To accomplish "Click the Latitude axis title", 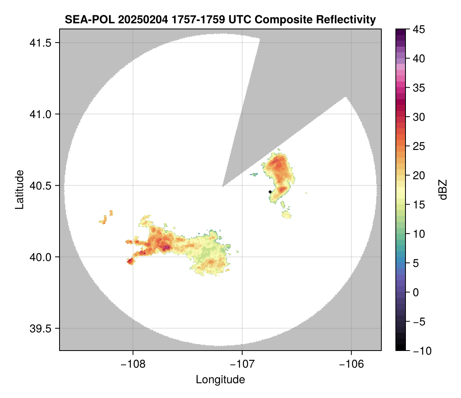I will [19, 189].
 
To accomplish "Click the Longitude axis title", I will [220, 379].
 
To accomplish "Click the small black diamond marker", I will [270, 192].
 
